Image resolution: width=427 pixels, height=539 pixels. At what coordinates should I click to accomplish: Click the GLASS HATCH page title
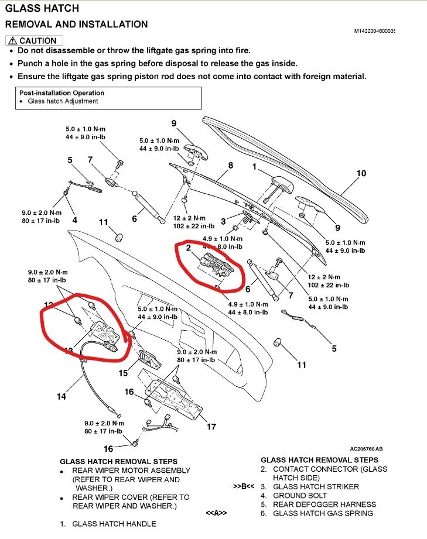42,8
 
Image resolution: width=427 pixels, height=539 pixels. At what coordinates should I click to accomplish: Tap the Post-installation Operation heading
62,93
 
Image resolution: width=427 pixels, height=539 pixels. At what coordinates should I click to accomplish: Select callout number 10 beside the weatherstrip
361,173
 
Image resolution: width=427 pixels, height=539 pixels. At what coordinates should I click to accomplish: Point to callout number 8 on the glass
230,166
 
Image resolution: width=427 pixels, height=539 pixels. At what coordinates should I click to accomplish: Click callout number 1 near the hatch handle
254,166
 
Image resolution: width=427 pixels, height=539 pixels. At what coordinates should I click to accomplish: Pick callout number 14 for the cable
61,397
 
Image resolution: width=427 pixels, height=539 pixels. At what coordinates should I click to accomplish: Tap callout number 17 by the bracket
211,427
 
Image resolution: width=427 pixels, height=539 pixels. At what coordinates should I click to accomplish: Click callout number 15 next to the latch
124,373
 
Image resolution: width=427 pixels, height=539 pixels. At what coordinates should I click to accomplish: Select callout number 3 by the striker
224,221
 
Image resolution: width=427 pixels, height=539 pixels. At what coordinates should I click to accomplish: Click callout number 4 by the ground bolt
74,220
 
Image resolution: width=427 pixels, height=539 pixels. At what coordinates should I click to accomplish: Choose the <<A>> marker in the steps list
216,513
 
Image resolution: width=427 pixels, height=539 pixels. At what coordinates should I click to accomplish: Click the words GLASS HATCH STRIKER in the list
316,487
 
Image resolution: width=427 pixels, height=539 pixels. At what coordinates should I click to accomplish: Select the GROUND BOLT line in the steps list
302,496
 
